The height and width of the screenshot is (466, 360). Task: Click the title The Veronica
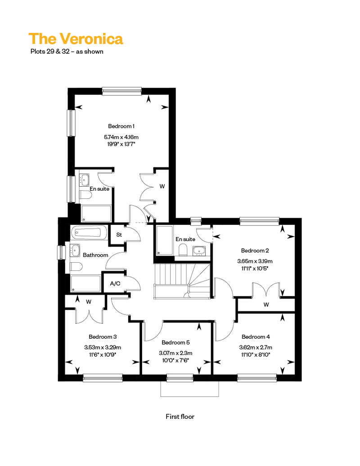point(76,39)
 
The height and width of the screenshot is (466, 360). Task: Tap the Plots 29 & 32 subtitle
point(67,51)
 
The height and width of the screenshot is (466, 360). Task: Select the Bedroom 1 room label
point(121,126)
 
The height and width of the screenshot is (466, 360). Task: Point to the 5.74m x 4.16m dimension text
point(121,137)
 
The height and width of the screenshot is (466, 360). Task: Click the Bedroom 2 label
point(255,251)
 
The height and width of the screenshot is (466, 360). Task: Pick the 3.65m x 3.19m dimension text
point(255,261)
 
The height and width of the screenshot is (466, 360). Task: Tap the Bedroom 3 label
point(103,337)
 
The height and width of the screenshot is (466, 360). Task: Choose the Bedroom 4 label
point(256,337)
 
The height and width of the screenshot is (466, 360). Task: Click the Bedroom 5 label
point(175,342)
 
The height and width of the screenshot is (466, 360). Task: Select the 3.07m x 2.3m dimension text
point(175,353)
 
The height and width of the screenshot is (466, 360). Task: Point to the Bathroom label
point(95,255)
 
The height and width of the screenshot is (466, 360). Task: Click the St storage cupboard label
point(119,235)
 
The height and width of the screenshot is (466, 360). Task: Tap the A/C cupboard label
point(115,283)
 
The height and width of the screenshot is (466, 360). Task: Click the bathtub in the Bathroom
point(89,232)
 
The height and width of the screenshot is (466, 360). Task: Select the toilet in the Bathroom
point(76,267)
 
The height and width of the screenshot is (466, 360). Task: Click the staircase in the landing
point(182,281)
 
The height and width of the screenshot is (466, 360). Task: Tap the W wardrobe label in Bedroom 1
point(162,186)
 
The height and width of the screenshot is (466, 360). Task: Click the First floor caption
point(180,417)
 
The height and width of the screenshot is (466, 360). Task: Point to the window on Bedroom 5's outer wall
point(180,378)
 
